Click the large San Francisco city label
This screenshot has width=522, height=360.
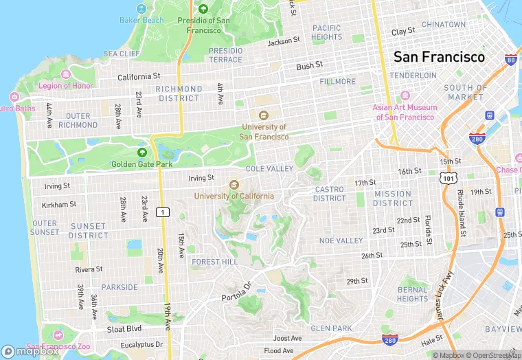[x=438, y=57]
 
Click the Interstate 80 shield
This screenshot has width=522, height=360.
[x=510, y=60]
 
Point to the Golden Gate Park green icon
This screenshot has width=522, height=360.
[x=142, y=153]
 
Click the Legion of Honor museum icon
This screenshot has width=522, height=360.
[x=66, y=74]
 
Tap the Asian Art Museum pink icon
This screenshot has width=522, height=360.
[x=405, y=96]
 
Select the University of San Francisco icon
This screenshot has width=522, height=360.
[x=263, y=115]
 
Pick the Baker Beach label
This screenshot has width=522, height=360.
[x=142, y=20]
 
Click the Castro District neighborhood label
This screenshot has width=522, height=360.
[x=330, y=194]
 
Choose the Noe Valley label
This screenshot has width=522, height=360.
[x=341, y=240]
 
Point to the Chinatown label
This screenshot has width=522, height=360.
[x=443, y=24]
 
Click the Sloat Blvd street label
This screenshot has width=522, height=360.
[x=124, y=329]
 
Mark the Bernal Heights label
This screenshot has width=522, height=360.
[x=412, y=294]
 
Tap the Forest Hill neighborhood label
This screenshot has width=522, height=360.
[x=215, y=262]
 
